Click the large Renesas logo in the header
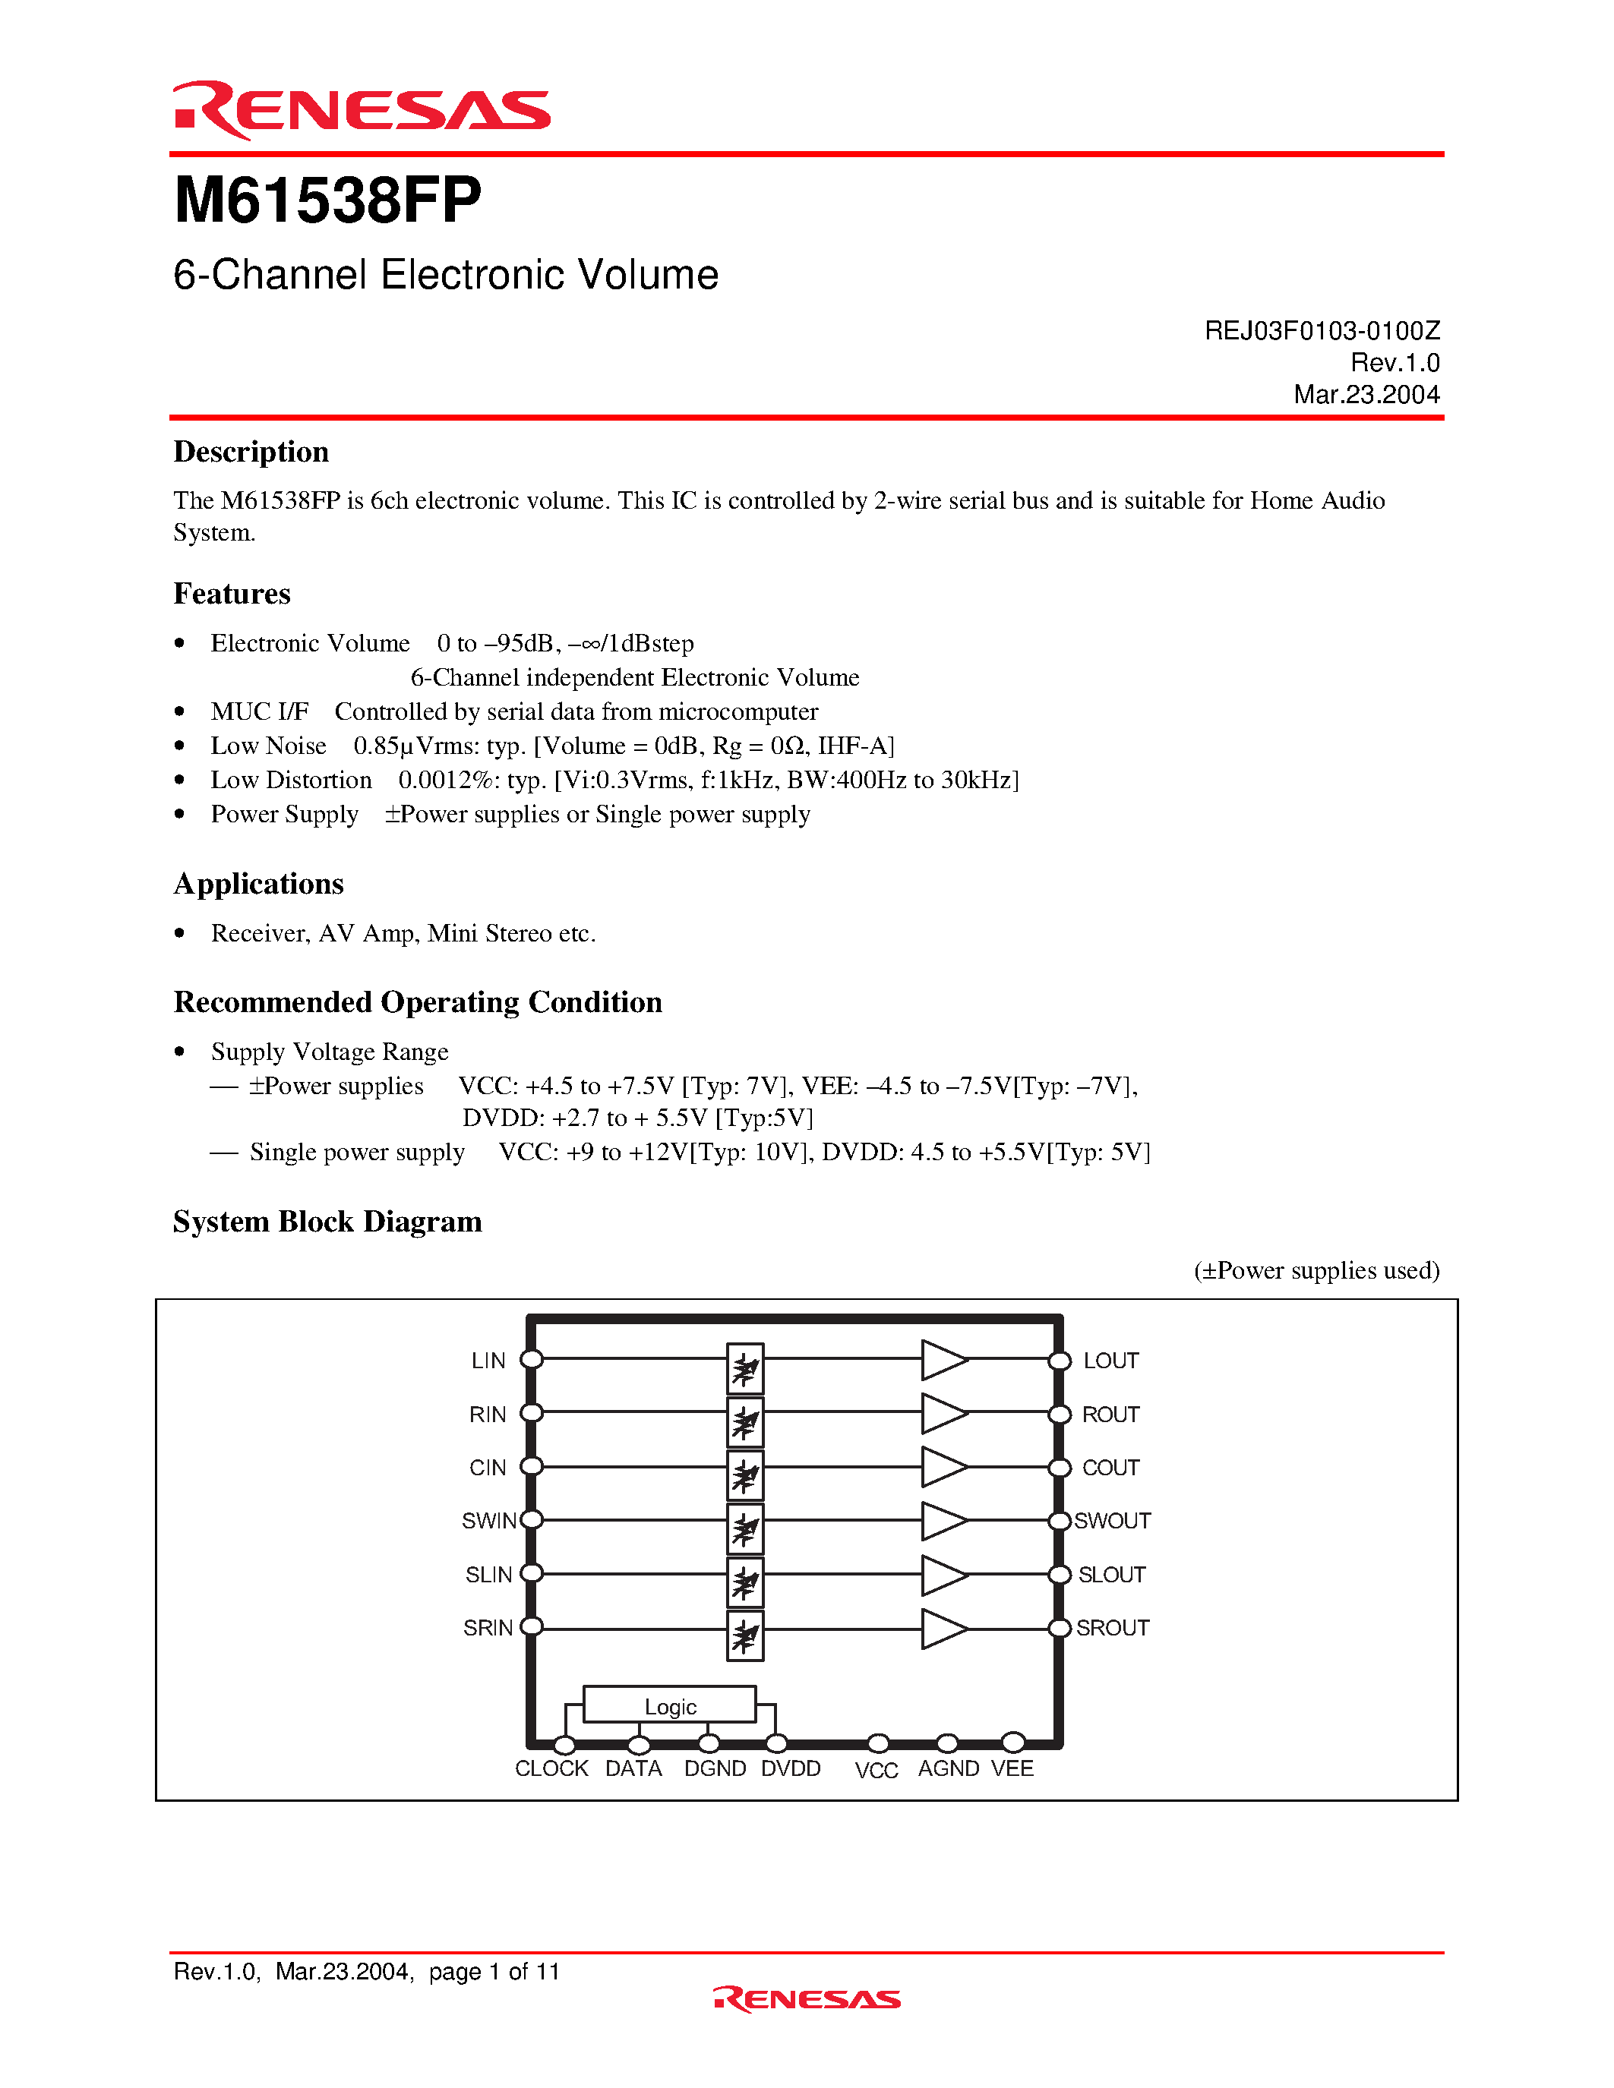click(x=362, y=110)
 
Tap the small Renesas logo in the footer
click(x=806, y=1999)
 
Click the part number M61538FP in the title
click(x=327, y=202)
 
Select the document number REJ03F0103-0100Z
click(x=1322, y=331)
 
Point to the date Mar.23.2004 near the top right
click(x=1366, y=395)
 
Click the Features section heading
click(x=232, y=594)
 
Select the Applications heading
click(x=258, y=883)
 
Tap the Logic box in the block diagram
click(x=669, y=1705)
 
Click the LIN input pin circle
click(x=532, y=1358)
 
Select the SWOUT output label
click(x=1112, y=1521)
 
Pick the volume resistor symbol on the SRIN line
click(x=745, y=1635)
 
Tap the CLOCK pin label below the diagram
click(x=551, y=1768)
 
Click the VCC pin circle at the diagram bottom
click(x=878, y=1743)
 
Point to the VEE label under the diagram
click(x=1012, y=1768)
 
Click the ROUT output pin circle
click(x=1060, y=1414)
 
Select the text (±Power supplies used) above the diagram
click(x=1316, y=1270)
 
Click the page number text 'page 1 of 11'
click(x=494, y=1971)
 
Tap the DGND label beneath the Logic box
click(x=714, y=1768)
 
